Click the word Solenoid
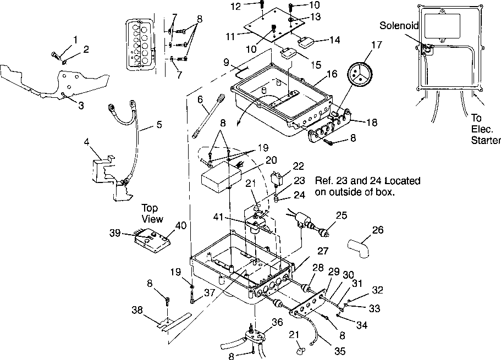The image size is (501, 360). coord(399,26)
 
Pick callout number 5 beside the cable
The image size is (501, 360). coord(158,125)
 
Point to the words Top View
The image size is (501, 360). coord(152,214)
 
